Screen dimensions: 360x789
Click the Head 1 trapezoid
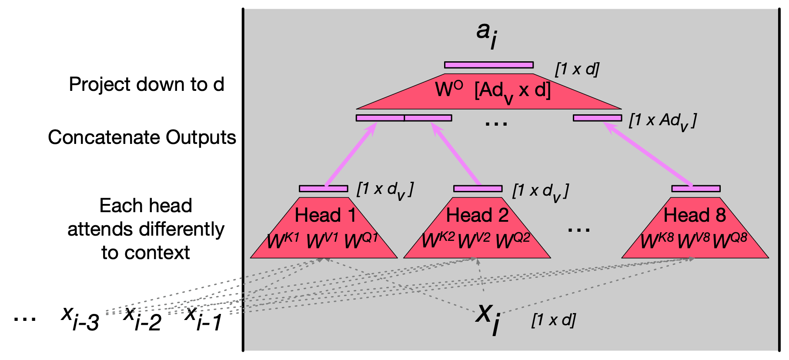324,228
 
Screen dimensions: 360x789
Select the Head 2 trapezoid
477,228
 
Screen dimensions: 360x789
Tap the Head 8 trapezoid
695,228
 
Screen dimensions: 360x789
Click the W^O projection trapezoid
489,91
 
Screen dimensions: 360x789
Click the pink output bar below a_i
489,65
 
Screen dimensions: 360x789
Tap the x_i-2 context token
142,318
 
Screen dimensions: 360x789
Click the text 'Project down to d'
147,84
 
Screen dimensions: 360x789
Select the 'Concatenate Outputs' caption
142,137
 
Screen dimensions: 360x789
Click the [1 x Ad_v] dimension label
662,121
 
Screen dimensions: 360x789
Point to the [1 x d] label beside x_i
553,320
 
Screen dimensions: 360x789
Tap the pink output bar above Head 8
695,189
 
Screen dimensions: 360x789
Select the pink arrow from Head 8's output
648,154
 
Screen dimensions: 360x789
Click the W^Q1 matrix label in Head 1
361,240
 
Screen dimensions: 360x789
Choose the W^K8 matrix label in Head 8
657,240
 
